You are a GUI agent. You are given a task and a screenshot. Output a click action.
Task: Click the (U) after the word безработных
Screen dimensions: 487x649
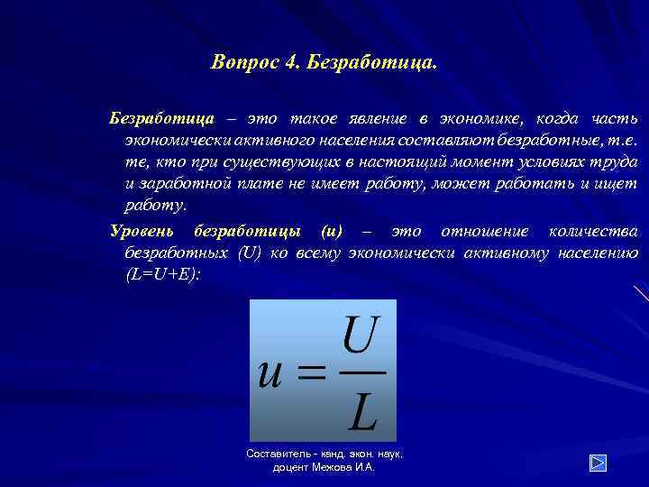(249, 253)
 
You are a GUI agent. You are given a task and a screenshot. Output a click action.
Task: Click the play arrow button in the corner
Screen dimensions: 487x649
(599, 462)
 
